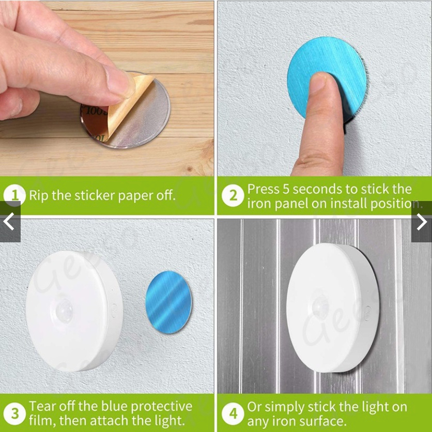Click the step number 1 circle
point(14,195)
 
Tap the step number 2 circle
point(233,195)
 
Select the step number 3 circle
point(14,413)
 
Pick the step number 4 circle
point(233,413)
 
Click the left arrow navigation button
point(10,222)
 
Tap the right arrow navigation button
point(422,222)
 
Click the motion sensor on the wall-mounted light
point(64,311)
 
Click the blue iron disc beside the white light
point(168,302)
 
